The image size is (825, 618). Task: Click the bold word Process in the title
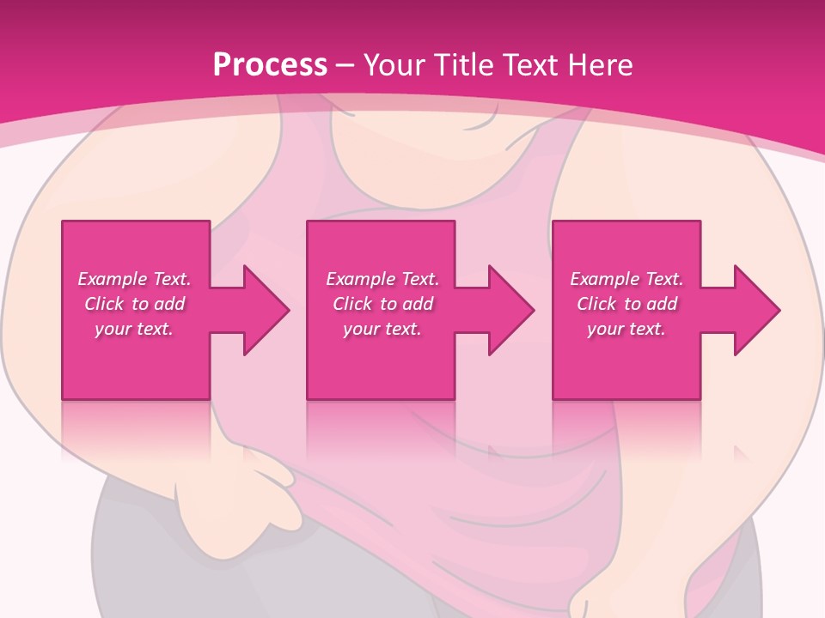tap(270, 64)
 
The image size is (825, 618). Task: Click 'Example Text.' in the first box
tap(134, 279)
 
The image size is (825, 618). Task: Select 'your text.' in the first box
tap(134, 329)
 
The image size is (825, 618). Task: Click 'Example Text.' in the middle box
tap(382, 279)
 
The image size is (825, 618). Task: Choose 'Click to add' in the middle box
tap(382, 304)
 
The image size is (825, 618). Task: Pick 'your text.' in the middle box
tap(382, 329)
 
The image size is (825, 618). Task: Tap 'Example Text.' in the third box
tap(626, 279)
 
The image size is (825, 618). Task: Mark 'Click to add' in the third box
tap(626, 304)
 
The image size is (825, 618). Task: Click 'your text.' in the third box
tap(626, 329)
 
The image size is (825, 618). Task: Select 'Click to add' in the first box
tap(134, 304)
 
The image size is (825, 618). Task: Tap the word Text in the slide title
tap(531, 64)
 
